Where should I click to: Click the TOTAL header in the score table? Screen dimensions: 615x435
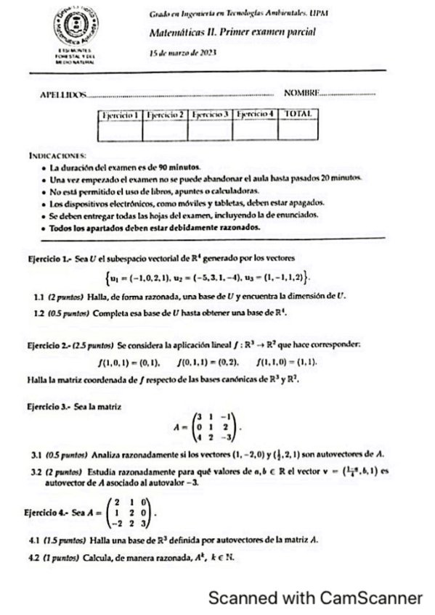pos(300,115)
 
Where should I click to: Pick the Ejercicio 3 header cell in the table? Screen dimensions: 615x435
pos(210,115)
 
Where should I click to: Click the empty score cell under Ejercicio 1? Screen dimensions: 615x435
pos(121,131)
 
